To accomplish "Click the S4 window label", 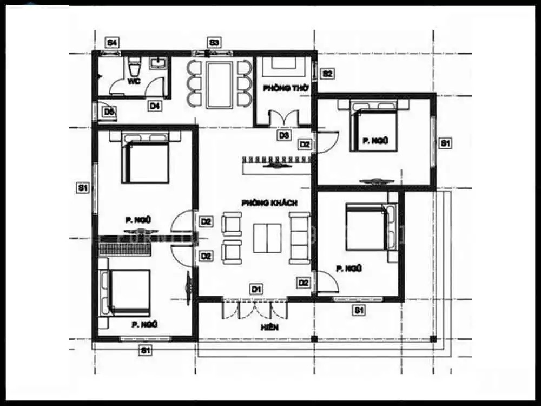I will pyautogui.click(x=113, y=42).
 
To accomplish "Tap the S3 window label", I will pyautogui.click(x=215, y=42).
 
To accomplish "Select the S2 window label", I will pyautogui.click(x=328, y=73).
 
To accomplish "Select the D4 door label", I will pyautogui.click(x=155, y=106).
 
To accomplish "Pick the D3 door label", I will pyautogui.click(x=284, y=135).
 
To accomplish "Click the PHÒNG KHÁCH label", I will pyautogui.click(x=269, y=202).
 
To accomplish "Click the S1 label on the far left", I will pyautogui.click(x=82, y=188).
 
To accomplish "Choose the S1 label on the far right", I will pyautogui.click(x=445, y=143).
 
